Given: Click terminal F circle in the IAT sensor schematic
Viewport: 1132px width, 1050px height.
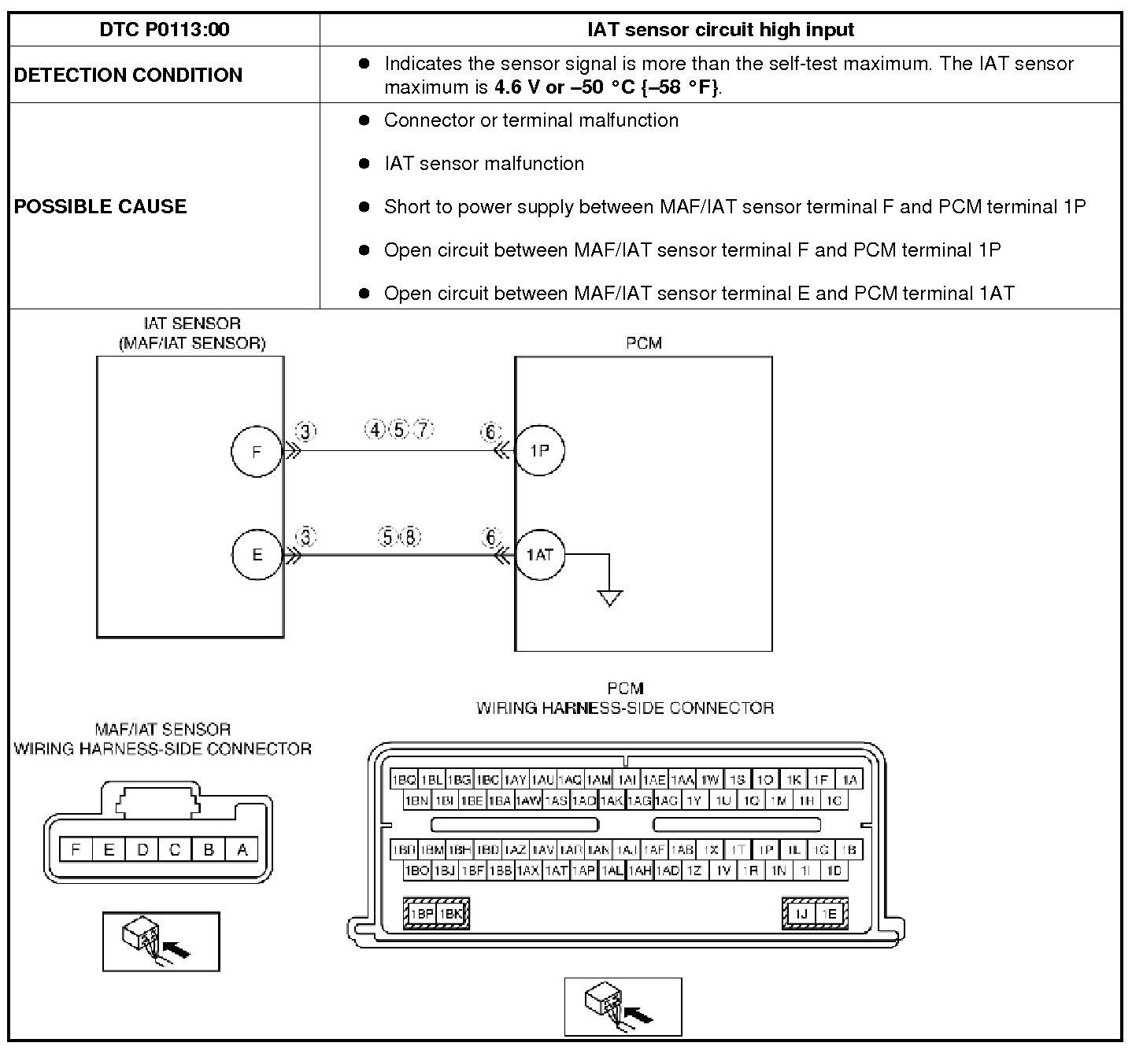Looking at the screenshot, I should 256,452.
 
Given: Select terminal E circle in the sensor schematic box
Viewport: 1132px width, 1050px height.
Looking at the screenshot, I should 257,555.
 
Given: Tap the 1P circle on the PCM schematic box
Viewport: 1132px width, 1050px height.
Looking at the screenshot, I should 539,451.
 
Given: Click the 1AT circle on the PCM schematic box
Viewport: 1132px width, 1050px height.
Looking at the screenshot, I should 540,555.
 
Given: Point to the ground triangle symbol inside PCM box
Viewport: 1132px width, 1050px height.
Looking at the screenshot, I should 610,598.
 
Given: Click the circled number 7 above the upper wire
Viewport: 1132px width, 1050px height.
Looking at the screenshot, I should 424,430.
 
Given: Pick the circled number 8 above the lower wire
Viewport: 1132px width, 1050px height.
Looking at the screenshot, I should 411,537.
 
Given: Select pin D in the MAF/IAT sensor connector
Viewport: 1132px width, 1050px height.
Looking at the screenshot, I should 142,849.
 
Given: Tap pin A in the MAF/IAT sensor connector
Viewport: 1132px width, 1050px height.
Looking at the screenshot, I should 242,849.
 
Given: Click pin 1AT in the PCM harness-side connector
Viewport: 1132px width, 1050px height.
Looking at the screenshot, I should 556,871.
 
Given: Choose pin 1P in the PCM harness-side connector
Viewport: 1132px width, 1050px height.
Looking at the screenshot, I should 764,850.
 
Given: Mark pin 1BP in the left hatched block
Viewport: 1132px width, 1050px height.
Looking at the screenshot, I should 422,914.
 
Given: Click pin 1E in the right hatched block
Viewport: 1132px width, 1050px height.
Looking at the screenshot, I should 831,914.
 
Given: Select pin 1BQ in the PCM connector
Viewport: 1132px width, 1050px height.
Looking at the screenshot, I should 404,780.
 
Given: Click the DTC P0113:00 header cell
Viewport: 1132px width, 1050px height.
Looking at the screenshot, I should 165,30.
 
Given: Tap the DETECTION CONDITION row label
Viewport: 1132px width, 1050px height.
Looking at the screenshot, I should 128,75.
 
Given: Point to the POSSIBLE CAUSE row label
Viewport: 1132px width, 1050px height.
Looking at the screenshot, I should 101,206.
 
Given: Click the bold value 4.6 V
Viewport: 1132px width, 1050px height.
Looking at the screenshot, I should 517,87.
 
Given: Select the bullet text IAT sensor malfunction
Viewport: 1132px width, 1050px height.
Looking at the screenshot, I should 484,164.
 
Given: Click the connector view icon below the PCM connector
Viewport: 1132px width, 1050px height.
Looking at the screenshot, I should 623,1007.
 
